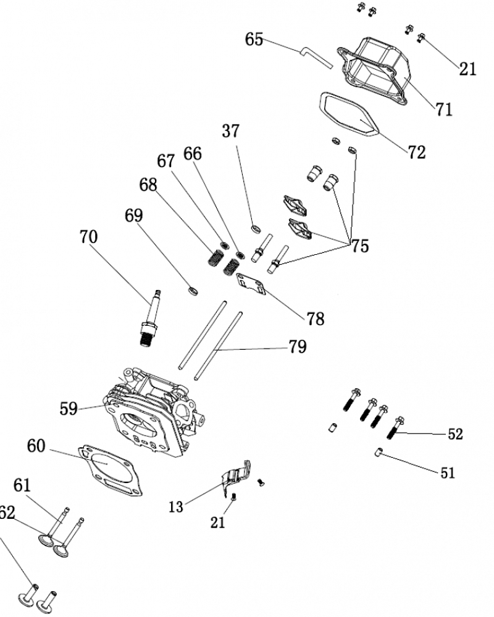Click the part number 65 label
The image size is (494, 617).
click(254, 39)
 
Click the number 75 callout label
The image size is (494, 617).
click(359, 246)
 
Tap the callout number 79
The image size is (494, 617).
click(297, 347)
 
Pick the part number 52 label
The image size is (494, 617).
click(455, 434)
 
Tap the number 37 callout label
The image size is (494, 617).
click(230, 131)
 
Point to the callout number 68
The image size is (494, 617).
click(148, 184)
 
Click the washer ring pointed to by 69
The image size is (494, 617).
click(192, 289)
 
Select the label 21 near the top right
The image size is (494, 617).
click(468, 68)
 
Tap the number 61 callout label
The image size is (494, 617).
click(22, 486)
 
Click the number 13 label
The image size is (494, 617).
click(176, 507)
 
